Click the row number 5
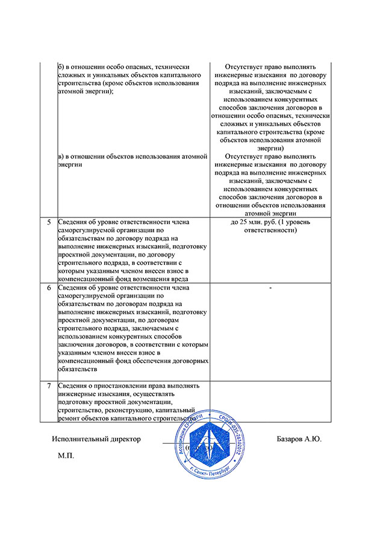click(49, 222)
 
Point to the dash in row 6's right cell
click(270, 288)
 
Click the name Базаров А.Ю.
click(299, 438)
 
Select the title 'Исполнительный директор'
click(96, 438)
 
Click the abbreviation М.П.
click(65, 457)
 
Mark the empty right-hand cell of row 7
click(270, 400)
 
